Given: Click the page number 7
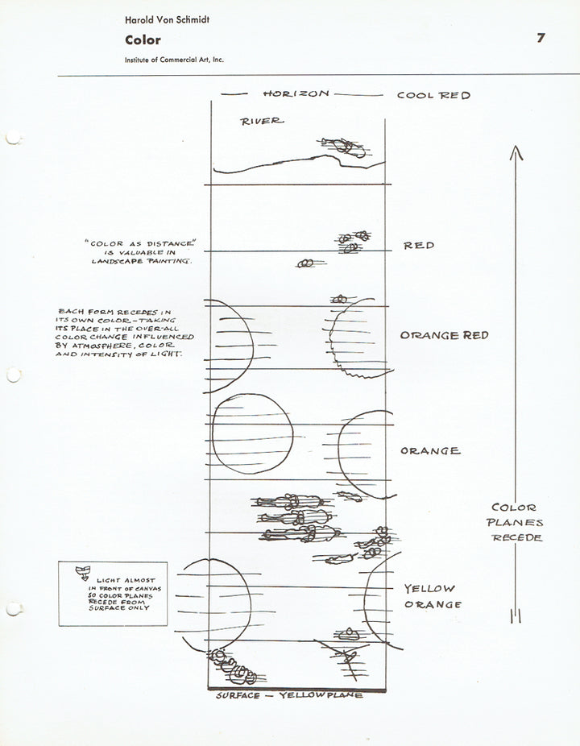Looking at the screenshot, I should (541, 38).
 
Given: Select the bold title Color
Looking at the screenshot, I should (143, 40).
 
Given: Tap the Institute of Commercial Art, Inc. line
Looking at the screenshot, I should (174, 60).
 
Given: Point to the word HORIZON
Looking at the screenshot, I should (296, 94).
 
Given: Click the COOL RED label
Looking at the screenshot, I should (433, 95).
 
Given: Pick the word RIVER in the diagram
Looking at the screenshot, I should (262, 122).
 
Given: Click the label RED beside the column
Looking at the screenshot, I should (419, 245).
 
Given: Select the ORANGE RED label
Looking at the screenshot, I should (444, 335).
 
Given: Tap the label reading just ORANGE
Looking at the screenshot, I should (430, 451).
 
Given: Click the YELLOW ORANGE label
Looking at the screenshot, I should (432, 597).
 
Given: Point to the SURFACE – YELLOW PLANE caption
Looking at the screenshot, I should (289, 695).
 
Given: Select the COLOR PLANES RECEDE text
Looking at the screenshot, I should (517, 522).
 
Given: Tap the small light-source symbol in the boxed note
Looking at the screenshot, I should (81, 573).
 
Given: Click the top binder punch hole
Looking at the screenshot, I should (13, 139).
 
